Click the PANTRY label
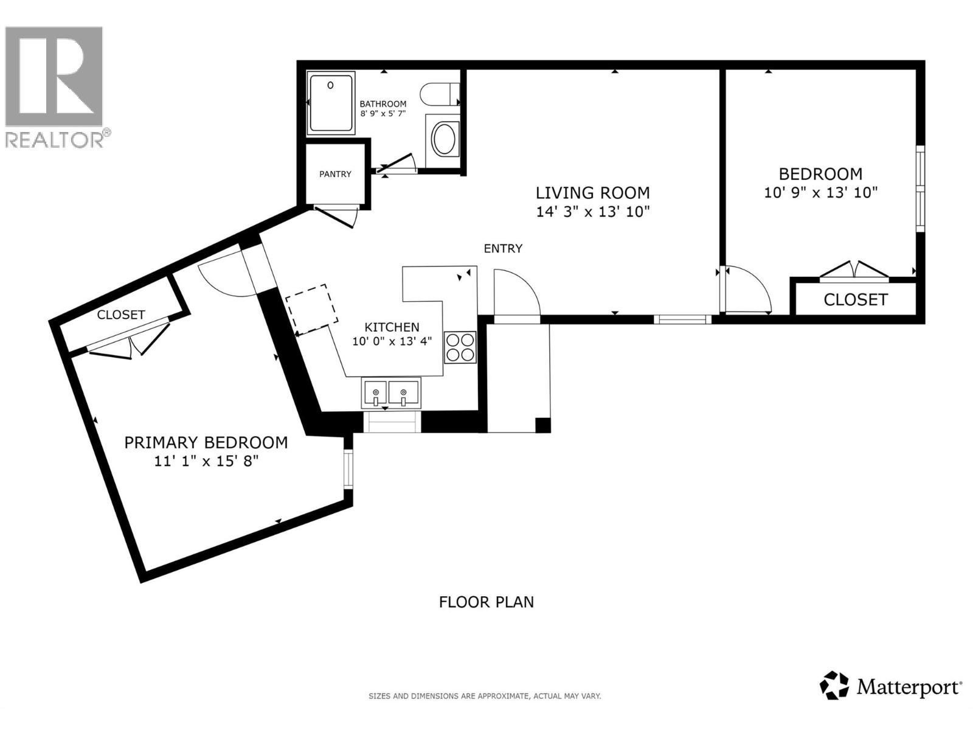pyautogui.click(x=335, y=174)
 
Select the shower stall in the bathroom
pyautogui.click(x=331, y=103)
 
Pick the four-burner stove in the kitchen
pyautogui.click(x=460, y=347)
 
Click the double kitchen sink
pyautogui.click(x=391, y=394)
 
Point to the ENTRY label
pyautogui.click(x=503, y=248)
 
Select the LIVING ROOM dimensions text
pyautogui.click(x=592, y=212)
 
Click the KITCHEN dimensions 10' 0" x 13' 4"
pyautogui.click(x=392, y=341)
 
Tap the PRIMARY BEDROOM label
pyautogui.click(x=206, y=442)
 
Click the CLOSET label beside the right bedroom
pyautogui.click(x=855, y=299)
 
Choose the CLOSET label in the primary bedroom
pyautogui.click(x=121, y=315)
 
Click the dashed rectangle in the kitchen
pyautogui.click(x=312, y=309)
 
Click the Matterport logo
pyautogui.click(x=891, y=687)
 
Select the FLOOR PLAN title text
pyautogui.click(x=486, y=602)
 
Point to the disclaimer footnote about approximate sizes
pyautogui.click(x=485, y=696)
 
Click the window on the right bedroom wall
pyautogui.click(x=920, y=189)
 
